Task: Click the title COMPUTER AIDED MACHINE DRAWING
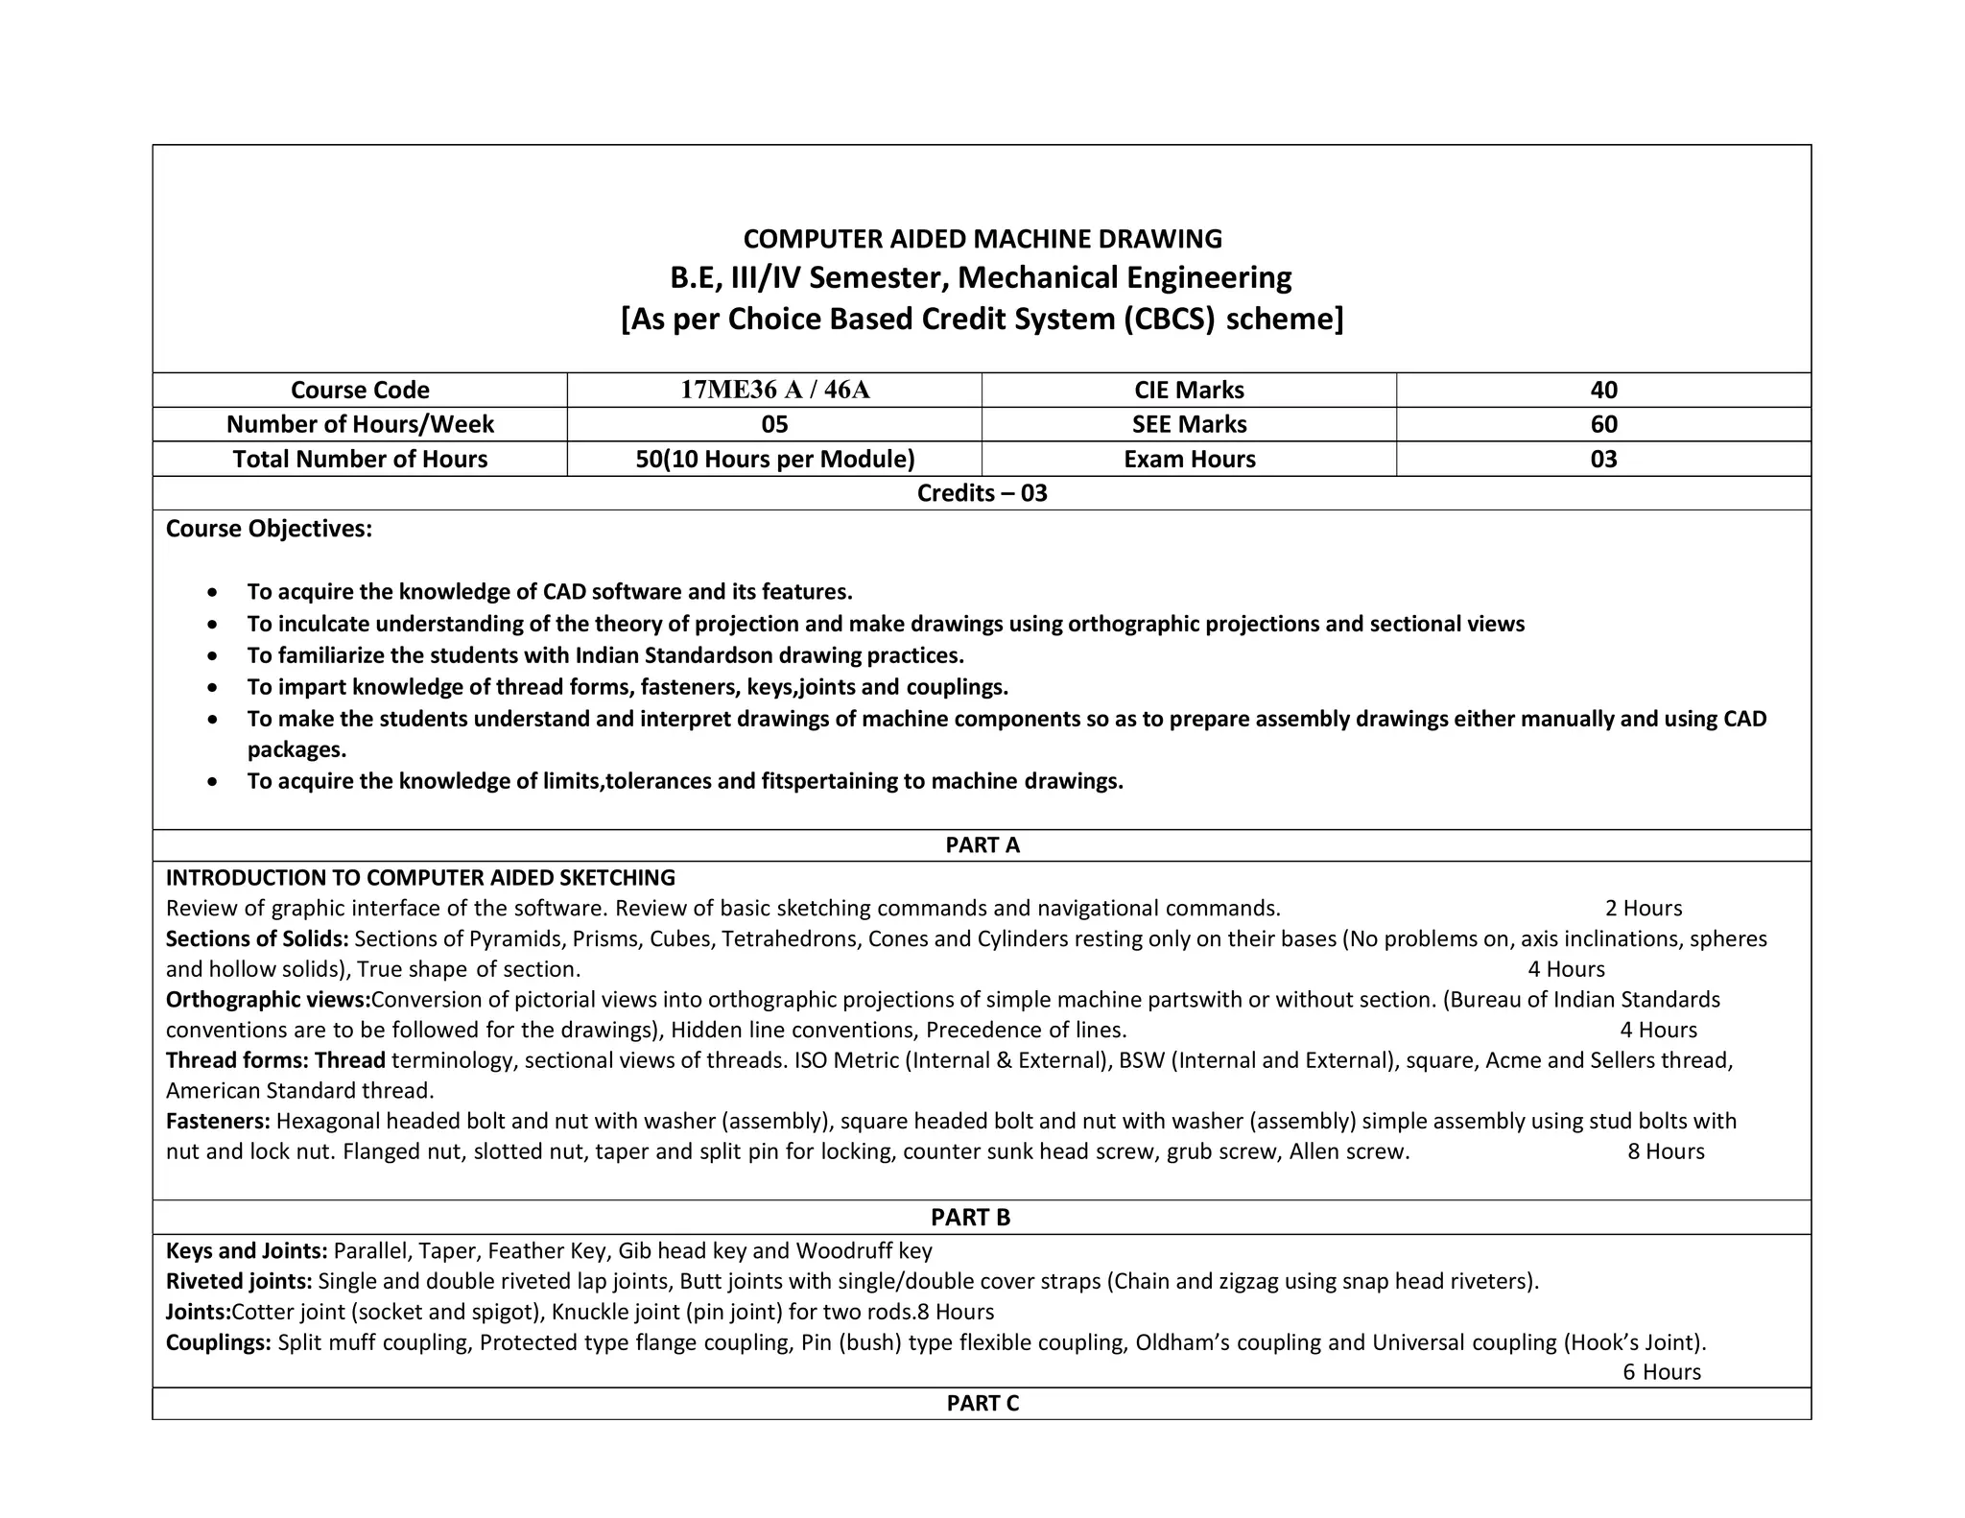click(x=982, y=239)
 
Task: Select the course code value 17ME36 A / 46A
click(x=774, y=390)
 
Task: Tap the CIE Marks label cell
click(x=1189, y=390)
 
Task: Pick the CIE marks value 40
click(x=1603, y=390)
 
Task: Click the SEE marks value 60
click(x=1603, y=424)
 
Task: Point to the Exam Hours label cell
click(x=1189, y=459)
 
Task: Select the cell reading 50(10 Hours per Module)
click(x=774, y=459)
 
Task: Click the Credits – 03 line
click(x=982, y=493)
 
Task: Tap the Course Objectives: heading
click(x=269, y=529)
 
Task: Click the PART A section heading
click(x=982, y=845)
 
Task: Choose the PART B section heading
click(x=970, y=1217)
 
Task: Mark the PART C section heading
click(x=982, y=1403)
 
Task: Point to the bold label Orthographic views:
click(x=268, y=1000)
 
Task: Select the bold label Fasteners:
click(x=218, y=1121)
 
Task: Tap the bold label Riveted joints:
click(x=239, y=1281)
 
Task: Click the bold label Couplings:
click(x=219, y=1341)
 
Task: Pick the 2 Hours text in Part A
click(x=1643, y=908)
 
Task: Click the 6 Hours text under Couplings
click(x=1661, y=1372)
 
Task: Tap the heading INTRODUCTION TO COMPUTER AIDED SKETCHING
click(x=420, y=877)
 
